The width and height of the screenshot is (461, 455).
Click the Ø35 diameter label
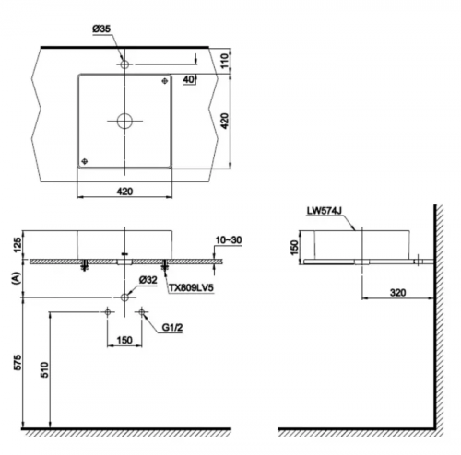tap(101, 29)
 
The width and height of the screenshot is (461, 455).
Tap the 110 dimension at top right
tap(225, 61)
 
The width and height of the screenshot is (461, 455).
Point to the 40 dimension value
tap(189, 79)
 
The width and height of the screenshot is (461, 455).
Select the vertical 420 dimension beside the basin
tap(225, 121)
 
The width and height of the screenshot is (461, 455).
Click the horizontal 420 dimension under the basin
tap(124, 192)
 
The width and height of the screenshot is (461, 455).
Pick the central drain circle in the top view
tap(124, 121)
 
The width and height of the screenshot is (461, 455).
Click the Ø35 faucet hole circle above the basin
tap(124, 64)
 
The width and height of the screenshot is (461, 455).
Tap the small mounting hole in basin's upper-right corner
tap(165, 81)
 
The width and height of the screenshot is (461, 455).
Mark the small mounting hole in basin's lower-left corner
tap(84, 161)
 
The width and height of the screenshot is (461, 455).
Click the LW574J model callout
tap(325, 211)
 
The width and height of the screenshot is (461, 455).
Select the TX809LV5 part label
tap(191, 288)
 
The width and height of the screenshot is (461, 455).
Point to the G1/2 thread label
tap(172, 328)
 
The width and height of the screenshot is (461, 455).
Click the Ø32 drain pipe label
tap(148, 280)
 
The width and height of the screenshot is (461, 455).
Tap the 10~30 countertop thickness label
tap(229, 240)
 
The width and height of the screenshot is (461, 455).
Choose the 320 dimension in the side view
tap(397, 293)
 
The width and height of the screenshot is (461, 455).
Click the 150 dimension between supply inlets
tap(124, 340)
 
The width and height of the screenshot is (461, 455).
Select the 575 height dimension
tap(18, 362)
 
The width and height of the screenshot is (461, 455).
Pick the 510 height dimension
tap(45, 370)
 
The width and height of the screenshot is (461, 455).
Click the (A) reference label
tap(17, 278)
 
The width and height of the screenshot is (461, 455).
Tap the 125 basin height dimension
tap(18, 244)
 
